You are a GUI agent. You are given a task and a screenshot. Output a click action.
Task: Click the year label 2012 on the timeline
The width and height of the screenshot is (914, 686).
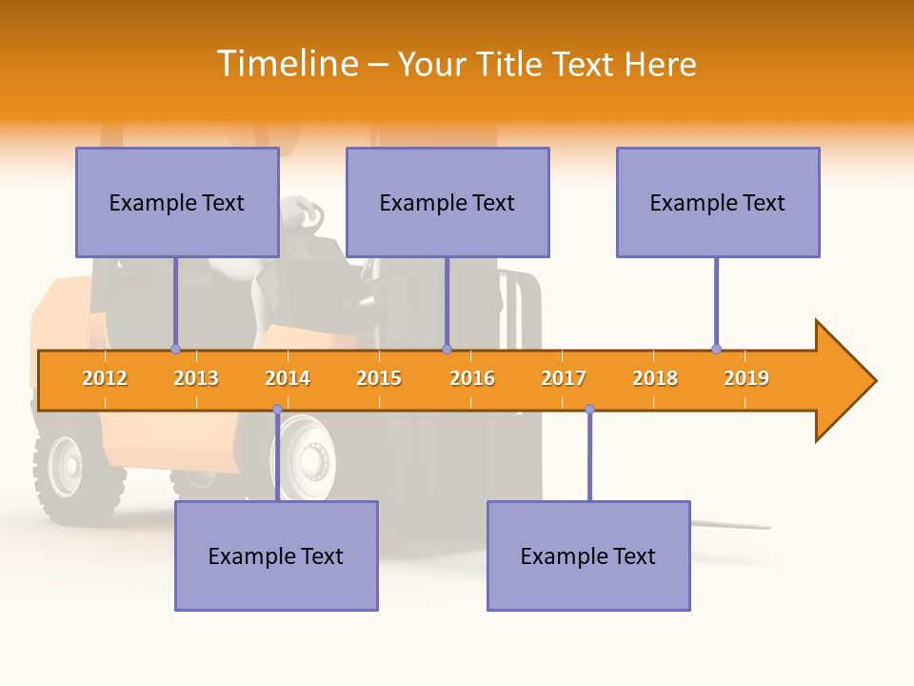point(105,378)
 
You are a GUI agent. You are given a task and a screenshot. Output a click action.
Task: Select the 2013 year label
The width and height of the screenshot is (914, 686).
point(196,378)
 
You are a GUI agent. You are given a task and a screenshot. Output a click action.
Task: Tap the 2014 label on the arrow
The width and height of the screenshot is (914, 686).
point(288,378)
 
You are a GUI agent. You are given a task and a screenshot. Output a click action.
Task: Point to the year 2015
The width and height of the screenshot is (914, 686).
point(379,378)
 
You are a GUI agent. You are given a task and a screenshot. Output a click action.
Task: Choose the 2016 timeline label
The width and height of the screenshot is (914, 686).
point(472,378)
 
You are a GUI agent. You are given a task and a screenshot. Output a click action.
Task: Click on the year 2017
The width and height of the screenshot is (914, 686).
point(564,378)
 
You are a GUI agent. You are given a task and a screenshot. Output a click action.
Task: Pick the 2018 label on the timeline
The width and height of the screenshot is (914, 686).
point(655,378)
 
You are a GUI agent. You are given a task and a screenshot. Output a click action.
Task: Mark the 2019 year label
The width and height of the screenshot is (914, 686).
point(746,378)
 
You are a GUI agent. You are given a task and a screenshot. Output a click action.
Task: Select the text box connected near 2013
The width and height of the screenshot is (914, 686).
point(177,202)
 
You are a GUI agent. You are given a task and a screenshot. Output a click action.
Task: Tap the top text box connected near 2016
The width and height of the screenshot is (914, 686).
point(447,202)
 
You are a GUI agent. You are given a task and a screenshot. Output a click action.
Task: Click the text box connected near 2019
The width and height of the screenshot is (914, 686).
point(718,202)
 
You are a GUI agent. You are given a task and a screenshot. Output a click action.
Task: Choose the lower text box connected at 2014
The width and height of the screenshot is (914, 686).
point(276,555)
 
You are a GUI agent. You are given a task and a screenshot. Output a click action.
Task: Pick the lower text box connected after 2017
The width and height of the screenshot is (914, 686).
point(588,555)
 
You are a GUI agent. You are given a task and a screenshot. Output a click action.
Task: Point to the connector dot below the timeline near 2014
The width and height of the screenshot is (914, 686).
point(277,410)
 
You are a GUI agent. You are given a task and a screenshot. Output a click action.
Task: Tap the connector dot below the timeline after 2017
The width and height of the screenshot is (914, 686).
point(589,410)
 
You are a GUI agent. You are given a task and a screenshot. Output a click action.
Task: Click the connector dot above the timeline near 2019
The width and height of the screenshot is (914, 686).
point(716,349)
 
